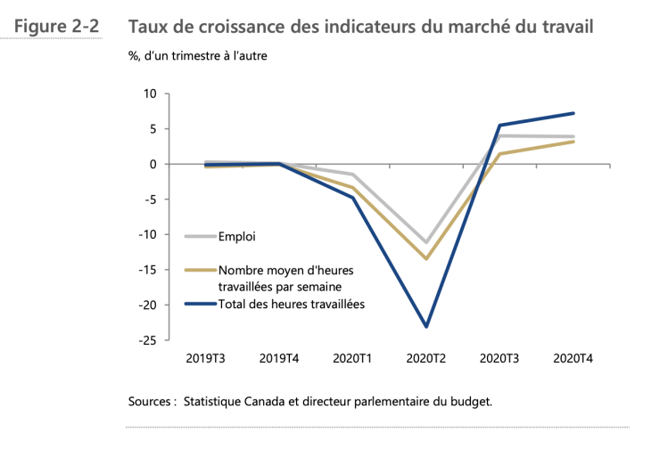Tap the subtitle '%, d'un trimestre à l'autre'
click(x=197, y=56)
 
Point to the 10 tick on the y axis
click(x=150, y=94)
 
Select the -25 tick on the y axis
click(x=147, y=340)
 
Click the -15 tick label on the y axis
click(x=147, y=270)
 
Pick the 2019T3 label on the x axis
click(x=205, y=359)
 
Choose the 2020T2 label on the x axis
click(x=426, y=359)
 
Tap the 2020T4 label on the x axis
click(x=573, y=359)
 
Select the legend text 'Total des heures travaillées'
click(x=292, y=304)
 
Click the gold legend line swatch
click(x=200, y=270)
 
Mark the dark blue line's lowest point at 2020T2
click(x=426, y=327)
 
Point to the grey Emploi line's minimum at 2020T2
click(x=426, y=242)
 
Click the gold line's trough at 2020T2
click(x=426, y=258)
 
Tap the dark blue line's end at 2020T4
click(x=573, y=113)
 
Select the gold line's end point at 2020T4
click(x=573, y=142)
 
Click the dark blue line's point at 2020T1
click(x=353, y=198)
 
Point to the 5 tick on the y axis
click(x=153, y=129)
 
